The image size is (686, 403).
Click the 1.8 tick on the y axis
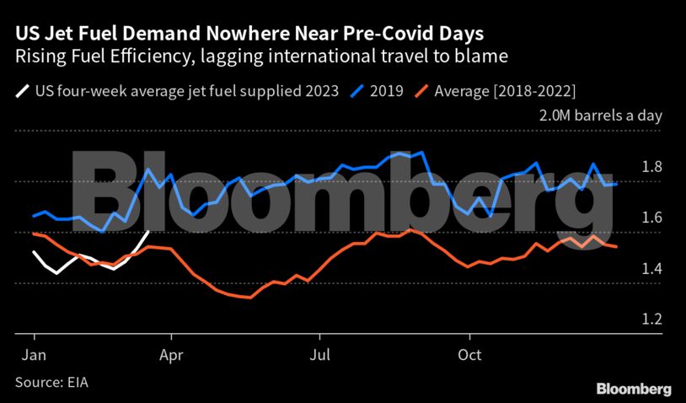(652, 167)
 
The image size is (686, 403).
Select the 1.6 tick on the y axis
(652, 218)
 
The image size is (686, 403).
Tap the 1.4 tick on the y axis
(652, 269)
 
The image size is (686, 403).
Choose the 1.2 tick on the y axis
(652, 320)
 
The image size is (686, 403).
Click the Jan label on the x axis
(34, 356)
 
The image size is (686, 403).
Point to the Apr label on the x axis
(172, 356)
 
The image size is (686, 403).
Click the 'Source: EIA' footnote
(51, 382)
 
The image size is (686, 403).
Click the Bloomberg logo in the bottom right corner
(634, 389)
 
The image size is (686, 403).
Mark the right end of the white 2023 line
(149, 232)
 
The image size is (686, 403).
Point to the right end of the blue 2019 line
(616, 184)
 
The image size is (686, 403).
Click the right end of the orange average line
(616, 246)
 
